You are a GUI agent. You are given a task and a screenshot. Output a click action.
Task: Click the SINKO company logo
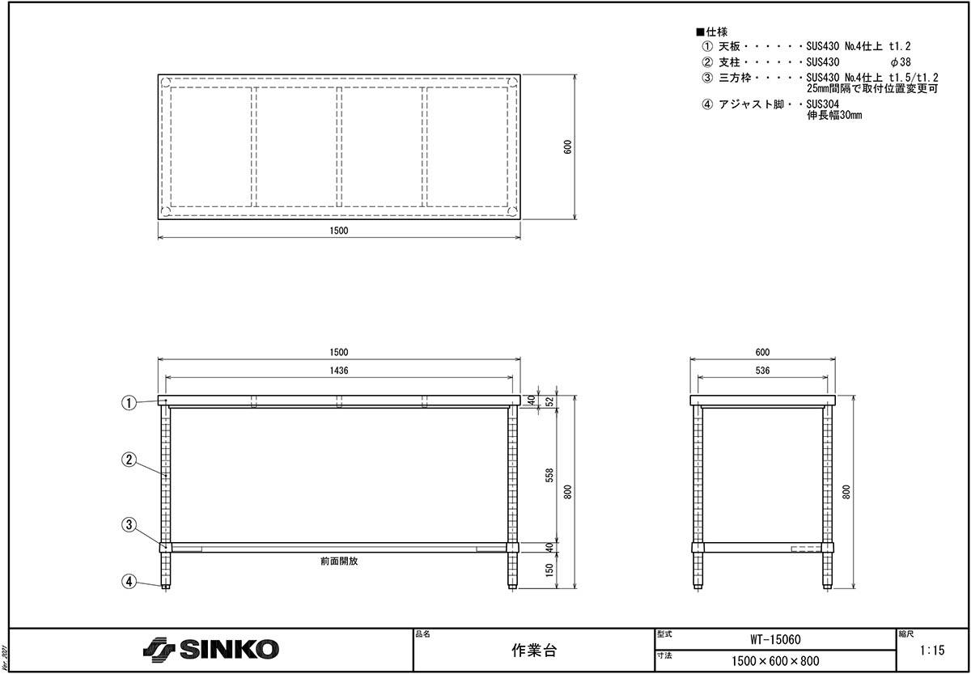pyautogui.click(x=210, y=650)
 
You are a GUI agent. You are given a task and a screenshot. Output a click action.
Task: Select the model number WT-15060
pyautogui.click(x=775, y=639)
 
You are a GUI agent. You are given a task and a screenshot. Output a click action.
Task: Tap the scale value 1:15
pyautogui.click(x=932, y=651)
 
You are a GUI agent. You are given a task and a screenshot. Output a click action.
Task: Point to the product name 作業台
pyautogui.click(x=533, y=651)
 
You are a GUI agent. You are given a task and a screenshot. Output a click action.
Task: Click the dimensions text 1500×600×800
pyautogui.click(x=775, y=661)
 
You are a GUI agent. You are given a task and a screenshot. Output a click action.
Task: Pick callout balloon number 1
pyautogui.click(x=129, y=403)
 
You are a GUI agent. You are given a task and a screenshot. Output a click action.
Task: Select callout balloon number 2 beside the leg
pyautogui.click(x=129, y=460)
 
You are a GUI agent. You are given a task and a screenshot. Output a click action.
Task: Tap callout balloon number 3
pyautogui.click(x=129, y=524)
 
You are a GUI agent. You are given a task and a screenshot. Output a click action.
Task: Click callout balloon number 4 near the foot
pyautogui.click(x=129, y=581)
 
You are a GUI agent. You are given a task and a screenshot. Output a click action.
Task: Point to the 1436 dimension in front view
pyautogui.click(x=339, y=371)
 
